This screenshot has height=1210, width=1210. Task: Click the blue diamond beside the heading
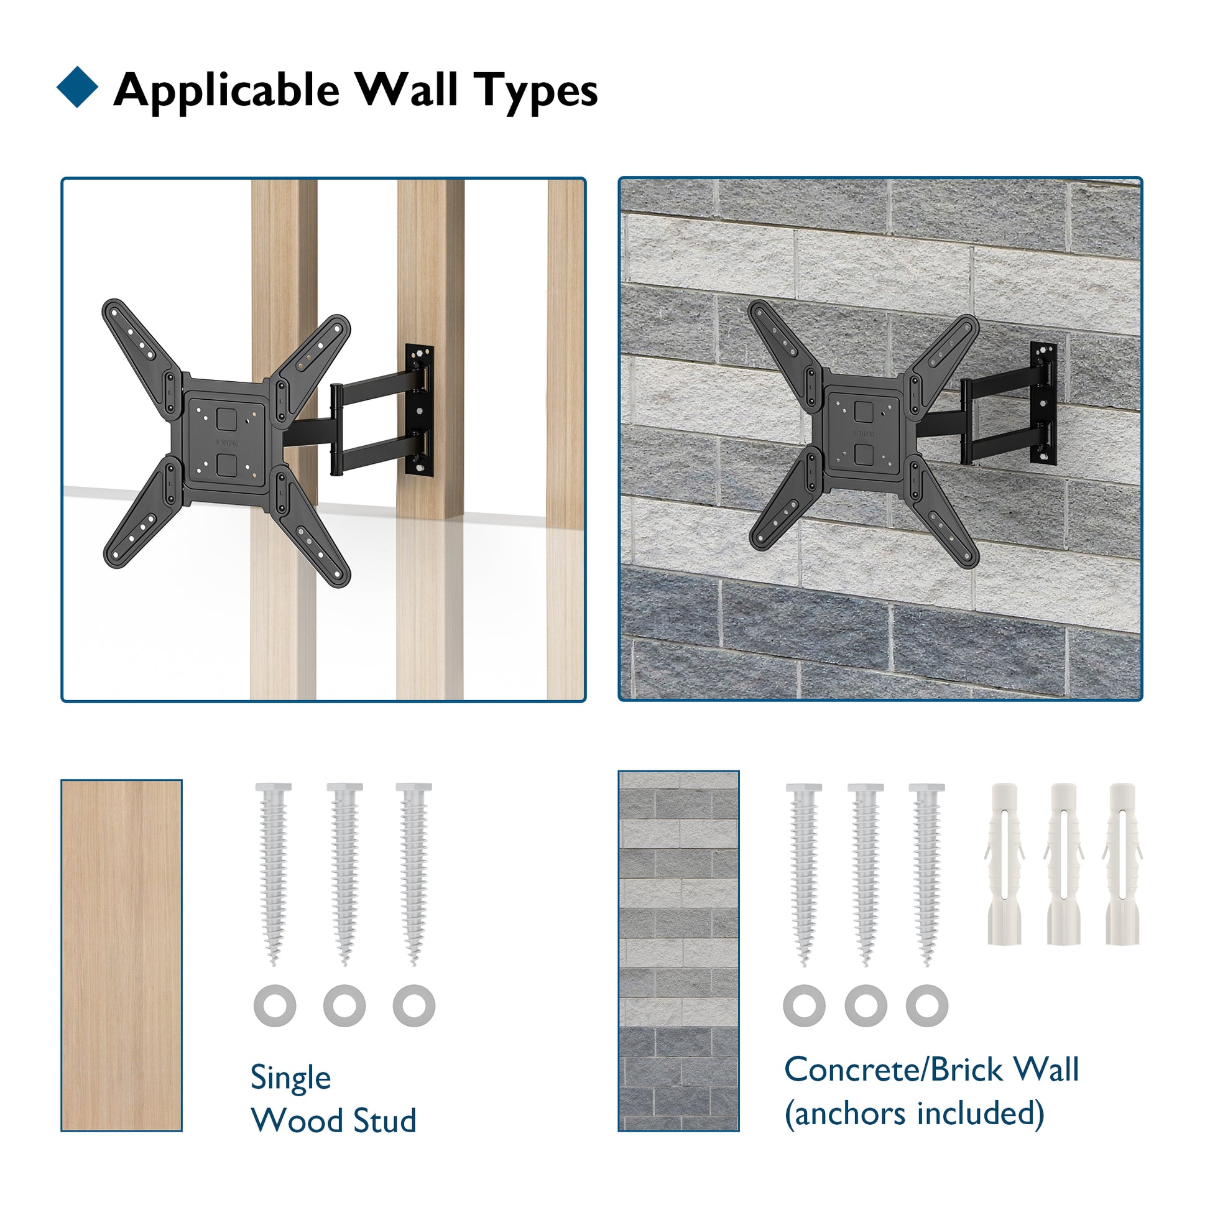[77, 87]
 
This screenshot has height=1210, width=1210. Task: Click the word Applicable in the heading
[227, 91]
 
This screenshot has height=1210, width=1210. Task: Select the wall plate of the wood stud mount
[419, 410]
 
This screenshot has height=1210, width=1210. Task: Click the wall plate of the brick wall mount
[1043, 404]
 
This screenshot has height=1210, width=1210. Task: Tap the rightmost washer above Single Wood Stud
[414, 1005]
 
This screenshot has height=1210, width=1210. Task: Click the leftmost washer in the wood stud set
[275, 1005]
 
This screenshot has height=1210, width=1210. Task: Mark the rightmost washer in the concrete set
[927, 1005]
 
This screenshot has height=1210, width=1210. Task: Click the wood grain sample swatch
[121, 955]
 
